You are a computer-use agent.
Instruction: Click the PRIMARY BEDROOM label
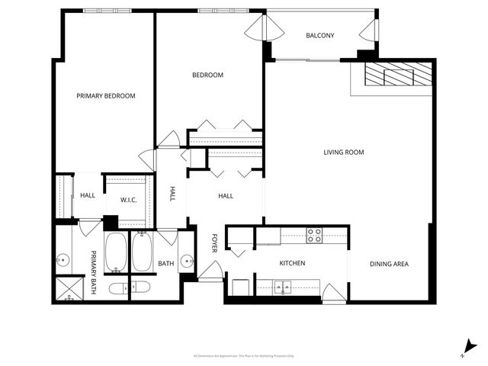106,96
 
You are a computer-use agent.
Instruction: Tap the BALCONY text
320,36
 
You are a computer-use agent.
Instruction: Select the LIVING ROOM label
344,152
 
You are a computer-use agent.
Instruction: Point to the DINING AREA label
390,265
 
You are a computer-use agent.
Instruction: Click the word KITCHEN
292,264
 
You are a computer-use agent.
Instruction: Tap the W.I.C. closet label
128,200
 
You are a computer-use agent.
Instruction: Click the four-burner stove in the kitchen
313,236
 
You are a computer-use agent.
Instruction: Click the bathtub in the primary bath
116,252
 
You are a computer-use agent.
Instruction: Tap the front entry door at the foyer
211,271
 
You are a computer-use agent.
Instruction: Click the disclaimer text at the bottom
244,356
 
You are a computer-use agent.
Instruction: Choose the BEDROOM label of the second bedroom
207,75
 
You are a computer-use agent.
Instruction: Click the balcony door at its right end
369,30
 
